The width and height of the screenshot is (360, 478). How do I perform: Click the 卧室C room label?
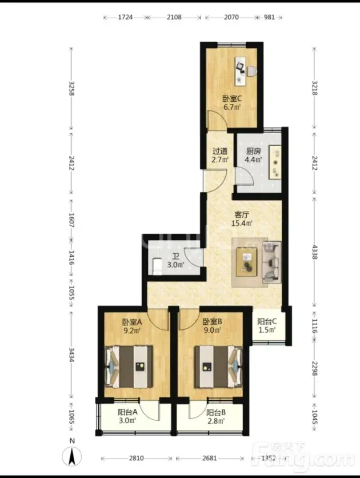[x=232, y=99]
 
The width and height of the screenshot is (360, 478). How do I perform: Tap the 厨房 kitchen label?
[x=253, y=151]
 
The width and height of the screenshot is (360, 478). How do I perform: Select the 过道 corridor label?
[x=220, y=151]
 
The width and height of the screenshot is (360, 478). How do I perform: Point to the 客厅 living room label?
[x=242, y=214]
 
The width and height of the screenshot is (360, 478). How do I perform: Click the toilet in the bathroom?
[x=157, y=266]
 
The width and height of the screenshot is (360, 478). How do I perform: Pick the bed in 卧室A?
[x=129, y=367]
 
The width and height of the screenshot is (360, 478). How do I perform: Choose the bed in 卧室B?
[x=219, y=367]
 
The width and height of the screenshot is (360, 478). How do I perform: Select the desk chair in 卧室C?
[x=251, y=71]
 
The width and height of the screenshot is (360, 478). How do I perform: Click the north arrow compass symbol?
[x=72, y=456]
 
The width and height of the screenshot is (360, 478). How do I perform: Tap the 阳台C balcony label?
[x=267, y=321]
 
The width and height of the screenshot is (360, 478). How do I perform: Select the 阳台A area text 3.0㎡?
[x=127, y=421]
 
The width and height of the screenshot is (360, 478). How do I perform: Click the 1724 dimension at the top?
[x=125, y=17]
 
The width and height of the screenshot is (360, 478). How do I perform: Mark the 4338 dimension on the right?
[x=315, y=252]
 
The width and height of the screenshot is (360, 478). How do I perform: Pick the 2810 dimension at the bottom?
[x=136, y=458]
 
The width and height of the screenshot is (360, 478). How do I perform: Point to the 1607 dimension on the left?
[x=71, y=220]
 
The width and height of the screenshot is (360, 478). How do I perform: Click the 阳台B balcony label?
[x=216, y=413]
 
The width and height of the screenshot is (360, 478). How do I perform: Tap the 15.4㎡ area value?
[x=242, y=223]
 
